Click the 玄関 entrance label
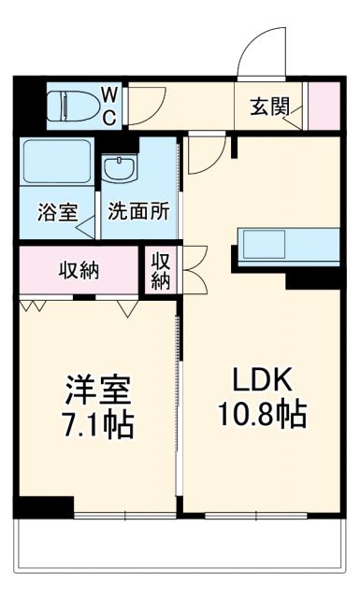click(x=269, y=106)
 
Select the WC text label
click(x=109, y=105)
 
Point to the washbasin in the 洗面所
click(x=119, y=171)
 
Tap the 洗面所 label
click(x=137, y=211)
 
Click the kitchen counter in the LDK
click(x=289, y=245)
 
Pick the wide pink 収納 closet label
click(x=79, y=270)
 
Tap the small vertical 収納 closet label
click(x=161, y=270)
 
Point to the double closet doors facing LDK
click(x=194, y=270)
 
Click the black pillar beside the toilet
click(x=29, y=106)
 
